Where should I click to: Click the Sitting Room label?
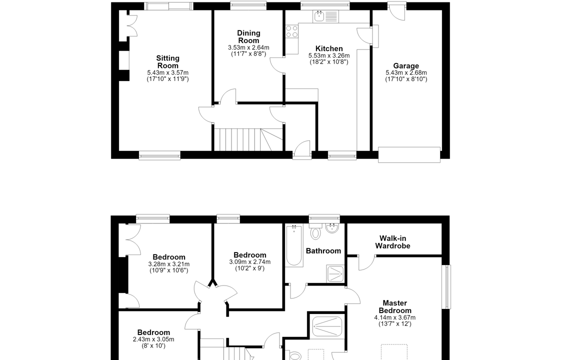[168, 62]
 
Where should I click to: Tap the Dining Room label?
[248, 37]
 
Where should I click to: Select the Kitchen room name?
[329, 48]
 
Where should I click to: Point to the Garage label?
[406, 66]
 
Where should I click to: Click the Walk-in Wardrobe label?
[392, 242]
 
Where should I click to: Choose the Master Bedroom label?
[394, 307]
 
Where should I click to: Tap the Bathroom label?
[323, 251]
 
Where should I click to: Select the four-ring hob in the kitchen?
[291, 31]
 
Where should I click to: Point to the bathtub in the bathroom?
[294, 245]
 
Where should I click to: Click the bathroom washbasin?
[332, 229]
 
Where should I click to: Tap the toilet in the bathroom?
[315, 231]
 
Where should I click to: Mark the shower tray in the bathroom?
[335, 274]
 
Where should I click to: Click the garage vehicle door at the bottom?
[409, 154]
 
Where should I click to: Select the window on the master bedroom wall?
[446, 287]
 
